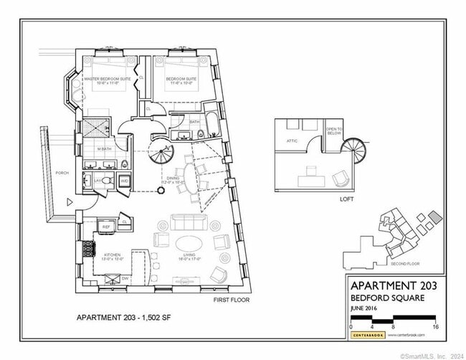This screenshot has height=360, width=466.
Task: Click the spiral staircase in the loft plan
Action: point(352,151)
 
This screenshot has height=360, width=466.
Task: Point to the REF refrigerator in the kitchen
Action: point(106,226)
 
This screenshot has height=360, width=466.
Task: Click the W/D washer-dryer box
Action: point(123,181)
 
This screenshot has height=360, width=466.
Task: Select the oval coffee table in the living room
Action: point(189,242)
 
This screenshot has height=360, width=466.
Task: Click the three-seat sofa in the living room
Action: point(189,221)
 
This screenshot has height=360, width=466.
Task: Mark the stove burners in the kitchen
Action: point(89,249)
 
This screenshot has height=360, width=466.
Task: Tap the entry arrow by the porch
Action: point(70,203)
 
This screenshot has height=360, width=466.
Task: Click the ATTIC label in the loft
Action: point(293,141)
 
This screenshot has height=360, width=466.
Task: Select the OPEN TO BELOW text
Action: point(334,131)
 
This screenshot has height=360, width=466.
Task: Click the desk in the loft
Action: point(313,171)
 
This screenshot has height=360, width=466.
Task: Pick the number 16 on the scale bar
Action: point(435,327)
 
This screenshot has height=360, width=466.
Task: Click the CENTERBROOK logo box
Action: point(367,335)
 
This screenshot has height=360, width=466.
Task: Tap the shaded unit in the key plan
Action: point(435,217)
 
